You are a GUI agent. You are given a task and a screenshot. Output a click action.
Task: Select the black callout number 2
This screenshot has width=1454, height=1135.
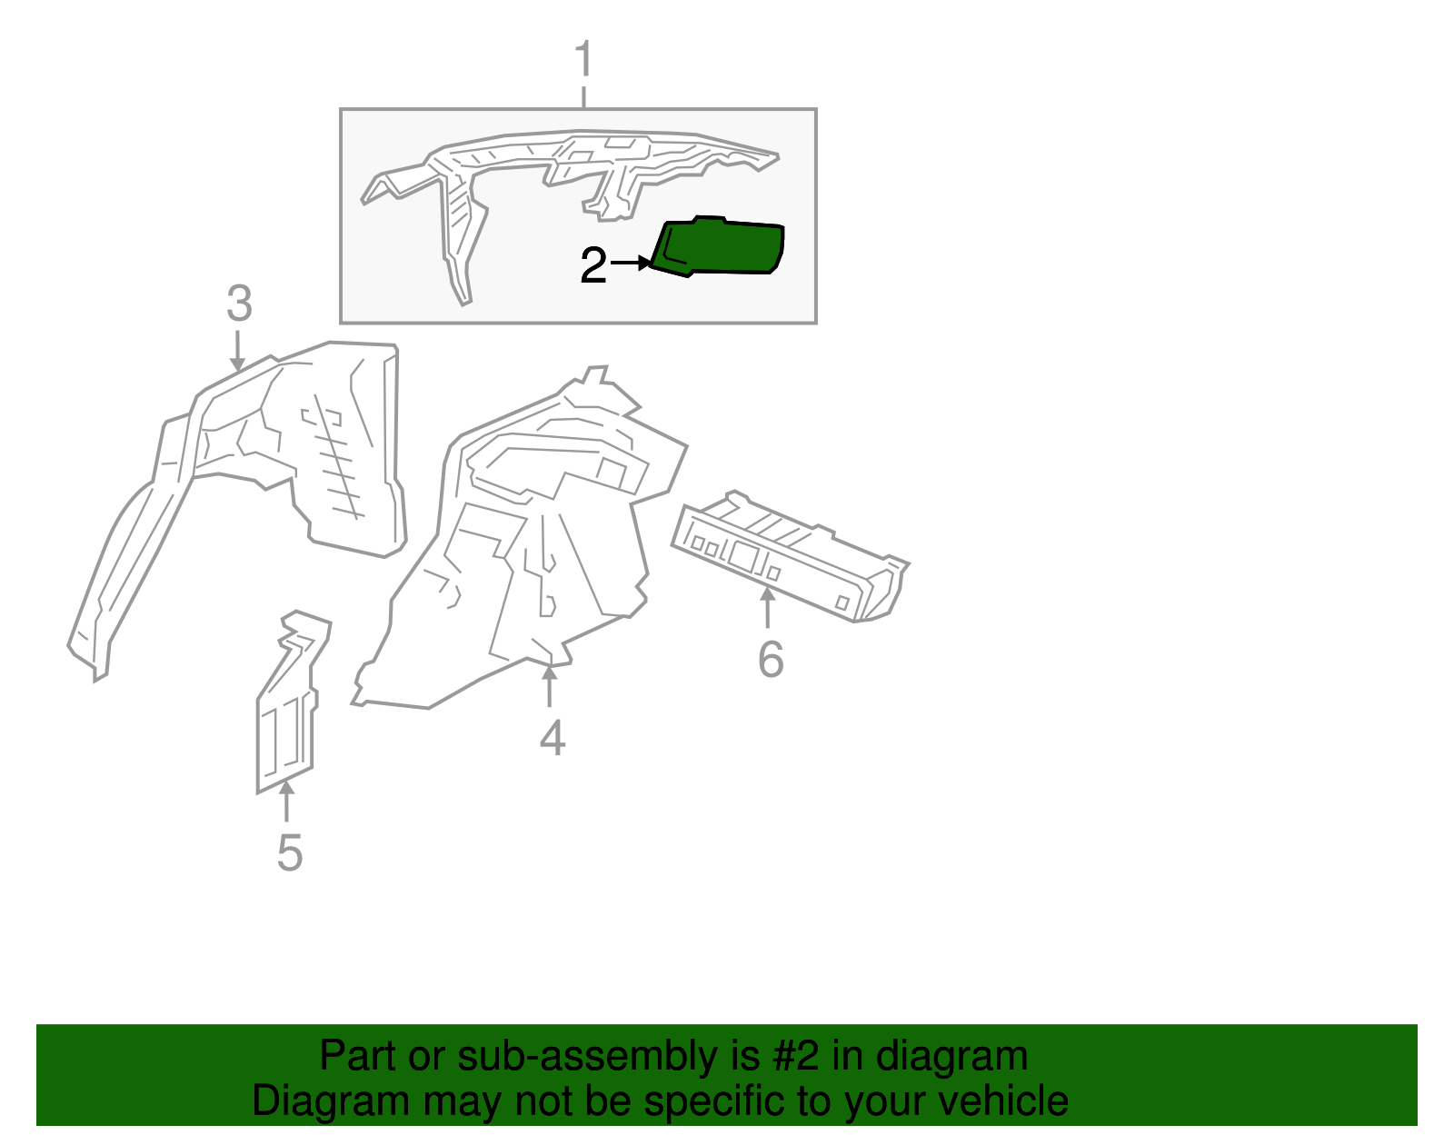593,265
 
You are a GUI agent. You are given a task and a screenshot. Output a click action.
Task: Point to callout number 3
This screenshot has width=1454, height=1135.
239,304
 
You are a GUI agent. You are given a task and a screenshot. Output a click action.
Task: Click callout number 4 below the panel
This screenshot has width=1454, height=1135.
552,737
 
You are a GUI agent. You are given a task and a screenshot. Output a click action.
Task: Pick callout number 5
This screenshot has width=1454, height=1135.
289,852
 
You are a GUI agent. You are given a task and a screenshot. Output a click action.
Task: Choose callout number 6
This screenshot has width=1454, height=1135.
770,659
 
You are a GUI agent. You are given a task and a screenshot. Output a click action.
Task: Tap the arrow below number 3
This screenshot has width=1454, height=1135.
238,351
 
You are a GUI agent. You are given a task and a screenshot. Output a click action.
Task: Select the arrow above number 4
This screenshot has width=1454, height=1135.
549,686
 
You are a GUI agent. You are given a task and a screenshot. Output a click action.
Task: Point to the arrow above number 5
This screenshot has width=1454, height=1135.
286,801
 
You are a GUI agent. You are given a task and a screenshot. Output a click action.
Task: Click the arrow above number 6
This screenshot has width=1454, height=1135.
768,607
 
